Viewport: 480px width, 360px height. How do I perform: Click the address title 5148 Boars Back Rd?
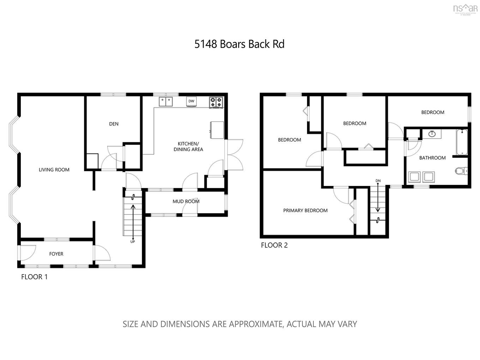(x=239, y=44)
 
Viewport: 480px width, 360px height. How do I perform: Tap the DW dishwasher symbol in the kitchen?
(x=191, y=101)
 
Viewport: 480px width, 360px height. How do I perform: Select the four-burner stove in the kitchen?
(x=216, y=102)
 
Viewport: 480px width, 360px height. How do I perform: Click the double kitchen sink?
(x=166, y=102)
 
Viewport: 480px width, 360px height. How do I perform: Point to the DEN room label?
(x=114, y=124)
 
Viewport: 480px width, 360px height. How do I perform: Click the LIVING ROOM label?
(x=54, y=170)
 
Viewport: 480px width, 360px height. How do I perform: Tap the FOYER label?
(x=56, y=254)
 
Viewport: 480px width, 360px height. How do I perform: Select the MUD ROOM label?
(x=186, y=202)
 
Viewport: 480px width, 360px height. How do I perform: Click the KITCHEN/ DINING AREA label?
(x=188, y=146)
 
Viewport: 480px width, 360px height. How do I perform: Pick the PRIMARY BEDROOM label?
(x=305, y=210)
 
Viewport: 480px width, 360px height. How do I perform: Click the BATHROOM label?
(x=432, y=158)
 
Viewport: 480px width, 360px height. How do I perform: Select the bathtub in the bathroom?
(x=462, y=142)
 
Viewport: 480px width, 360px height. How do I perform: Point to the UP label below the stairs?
(x=133, y=242)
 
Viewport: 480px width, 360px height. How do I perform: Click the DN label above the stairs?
(x=378, y=181)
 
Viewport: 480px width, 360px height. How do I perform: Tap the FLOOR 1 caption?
(x=34, y=277)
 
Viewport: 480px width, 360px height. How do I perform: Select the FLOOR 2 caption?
(x=274, y=245)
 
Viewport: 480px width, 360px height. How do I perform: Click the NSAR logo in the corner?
(x=465, y=9)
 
